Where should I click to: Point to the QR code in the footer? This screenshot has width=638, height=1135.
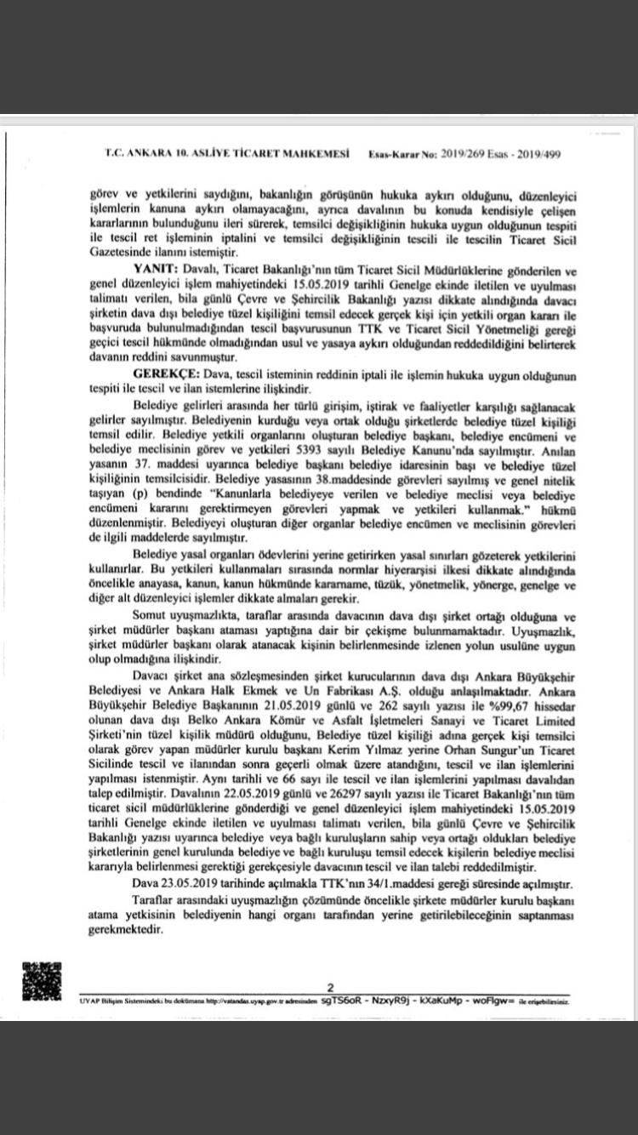[42, 981]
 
